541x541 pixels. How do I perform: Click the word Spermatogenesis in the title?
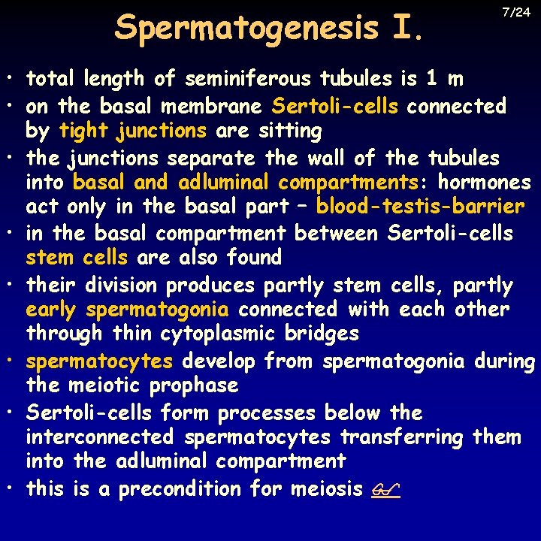247,29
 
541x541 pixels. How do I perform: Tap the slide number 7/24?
515,12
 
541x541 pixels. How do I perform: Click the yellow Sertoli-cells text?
335,106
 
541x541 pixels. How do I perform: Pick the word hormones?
485,183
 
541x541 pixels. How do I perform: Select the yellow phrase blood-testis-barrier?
420,206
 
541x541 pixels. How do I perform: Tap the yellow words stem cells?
76,258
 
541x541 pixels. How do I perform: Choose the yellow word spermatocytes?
99,361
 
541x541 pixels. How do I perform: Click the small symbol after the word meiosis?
385,490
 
